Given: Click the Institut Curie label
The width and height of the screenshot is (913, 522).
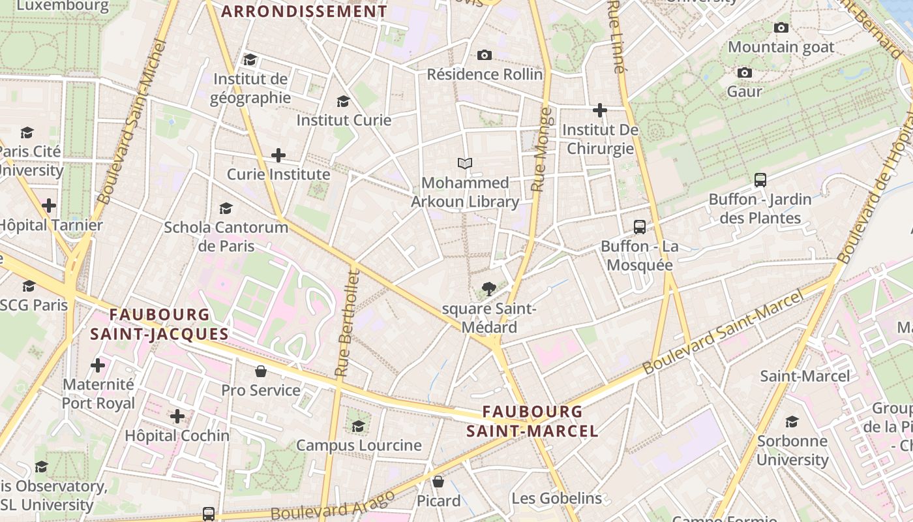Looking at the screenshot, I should [x=344, y=120].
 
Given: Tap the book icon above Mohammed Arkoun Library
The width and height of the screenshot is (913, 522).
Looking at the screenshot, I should [x=465, y=163].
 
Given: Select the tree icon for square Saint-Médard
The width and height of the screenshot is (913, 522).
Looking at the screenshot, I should [x=488, y=288].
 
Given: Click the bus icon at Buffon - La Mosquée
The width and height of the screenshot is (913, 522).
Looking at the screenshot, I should [x=640, y=227].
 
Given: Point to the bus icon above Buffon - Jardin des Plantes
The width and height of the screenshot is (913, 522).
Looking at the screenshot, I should [x=760, y=180].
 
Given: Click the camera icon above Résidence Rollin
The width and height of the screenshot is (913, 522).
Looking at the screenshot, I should [x=484, y=55].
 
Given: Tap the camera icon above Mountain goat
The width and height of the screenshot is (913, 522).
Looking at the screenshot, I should [x=781, y=27].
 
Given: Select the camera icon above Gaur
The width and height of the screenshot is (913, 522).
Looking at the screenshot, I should [x=744, y=72].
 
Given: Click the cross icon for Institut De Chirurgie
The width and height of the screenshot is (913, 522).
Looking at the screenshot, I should [x=600, y=110].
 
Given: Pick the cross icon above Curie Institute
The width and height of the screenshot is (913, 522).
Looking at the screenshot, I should [x=278, y=155].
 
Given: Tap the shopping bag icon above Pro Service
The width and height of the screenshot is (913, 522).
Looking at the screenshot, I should [x=261, y=371].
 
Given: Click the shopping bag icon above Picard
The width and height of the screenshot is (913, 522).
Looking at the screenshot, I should [x=438, y=482].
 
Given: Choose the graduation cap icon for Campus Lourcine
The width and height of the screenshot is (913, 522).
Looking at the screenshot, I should [x=358, y=426].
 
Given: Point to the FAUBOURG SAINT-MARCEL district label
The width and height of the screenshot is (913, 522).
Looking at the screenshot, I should [x=532, y=422].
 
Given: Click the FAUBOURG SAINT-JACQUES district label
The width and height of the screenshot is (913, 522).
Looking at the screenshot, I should [x=160, y=324].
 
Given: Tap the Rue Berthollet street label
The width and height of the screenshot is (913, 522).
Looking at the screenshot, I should [x=347, y=323].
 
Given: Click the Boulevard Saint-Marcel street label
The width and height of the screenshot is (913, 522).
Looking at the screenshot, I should [x=722, y=333].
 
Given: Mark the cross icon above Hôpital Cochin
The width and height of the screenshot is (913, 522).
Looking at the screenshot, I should [x=177, y=416].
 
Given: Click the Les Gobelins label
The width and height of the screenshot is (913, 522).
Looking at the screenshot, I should [x=556, y=499].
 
